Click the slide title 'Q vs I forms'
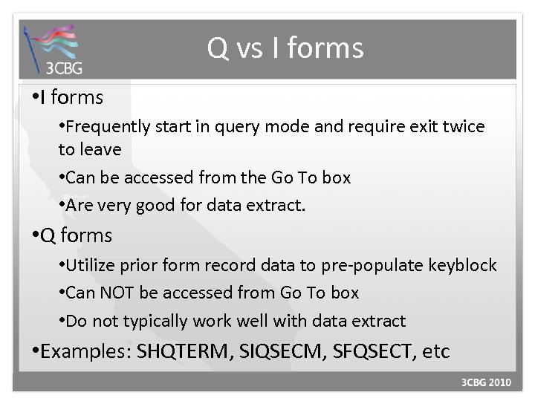285,49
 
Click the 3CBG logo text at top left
65,68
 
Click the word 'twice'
465,127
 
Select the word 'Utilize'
91,266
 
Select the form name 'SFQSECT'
360,351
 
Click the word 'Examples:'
87,351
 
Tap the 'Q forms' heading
77,236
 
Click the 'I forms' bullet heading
71,97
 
